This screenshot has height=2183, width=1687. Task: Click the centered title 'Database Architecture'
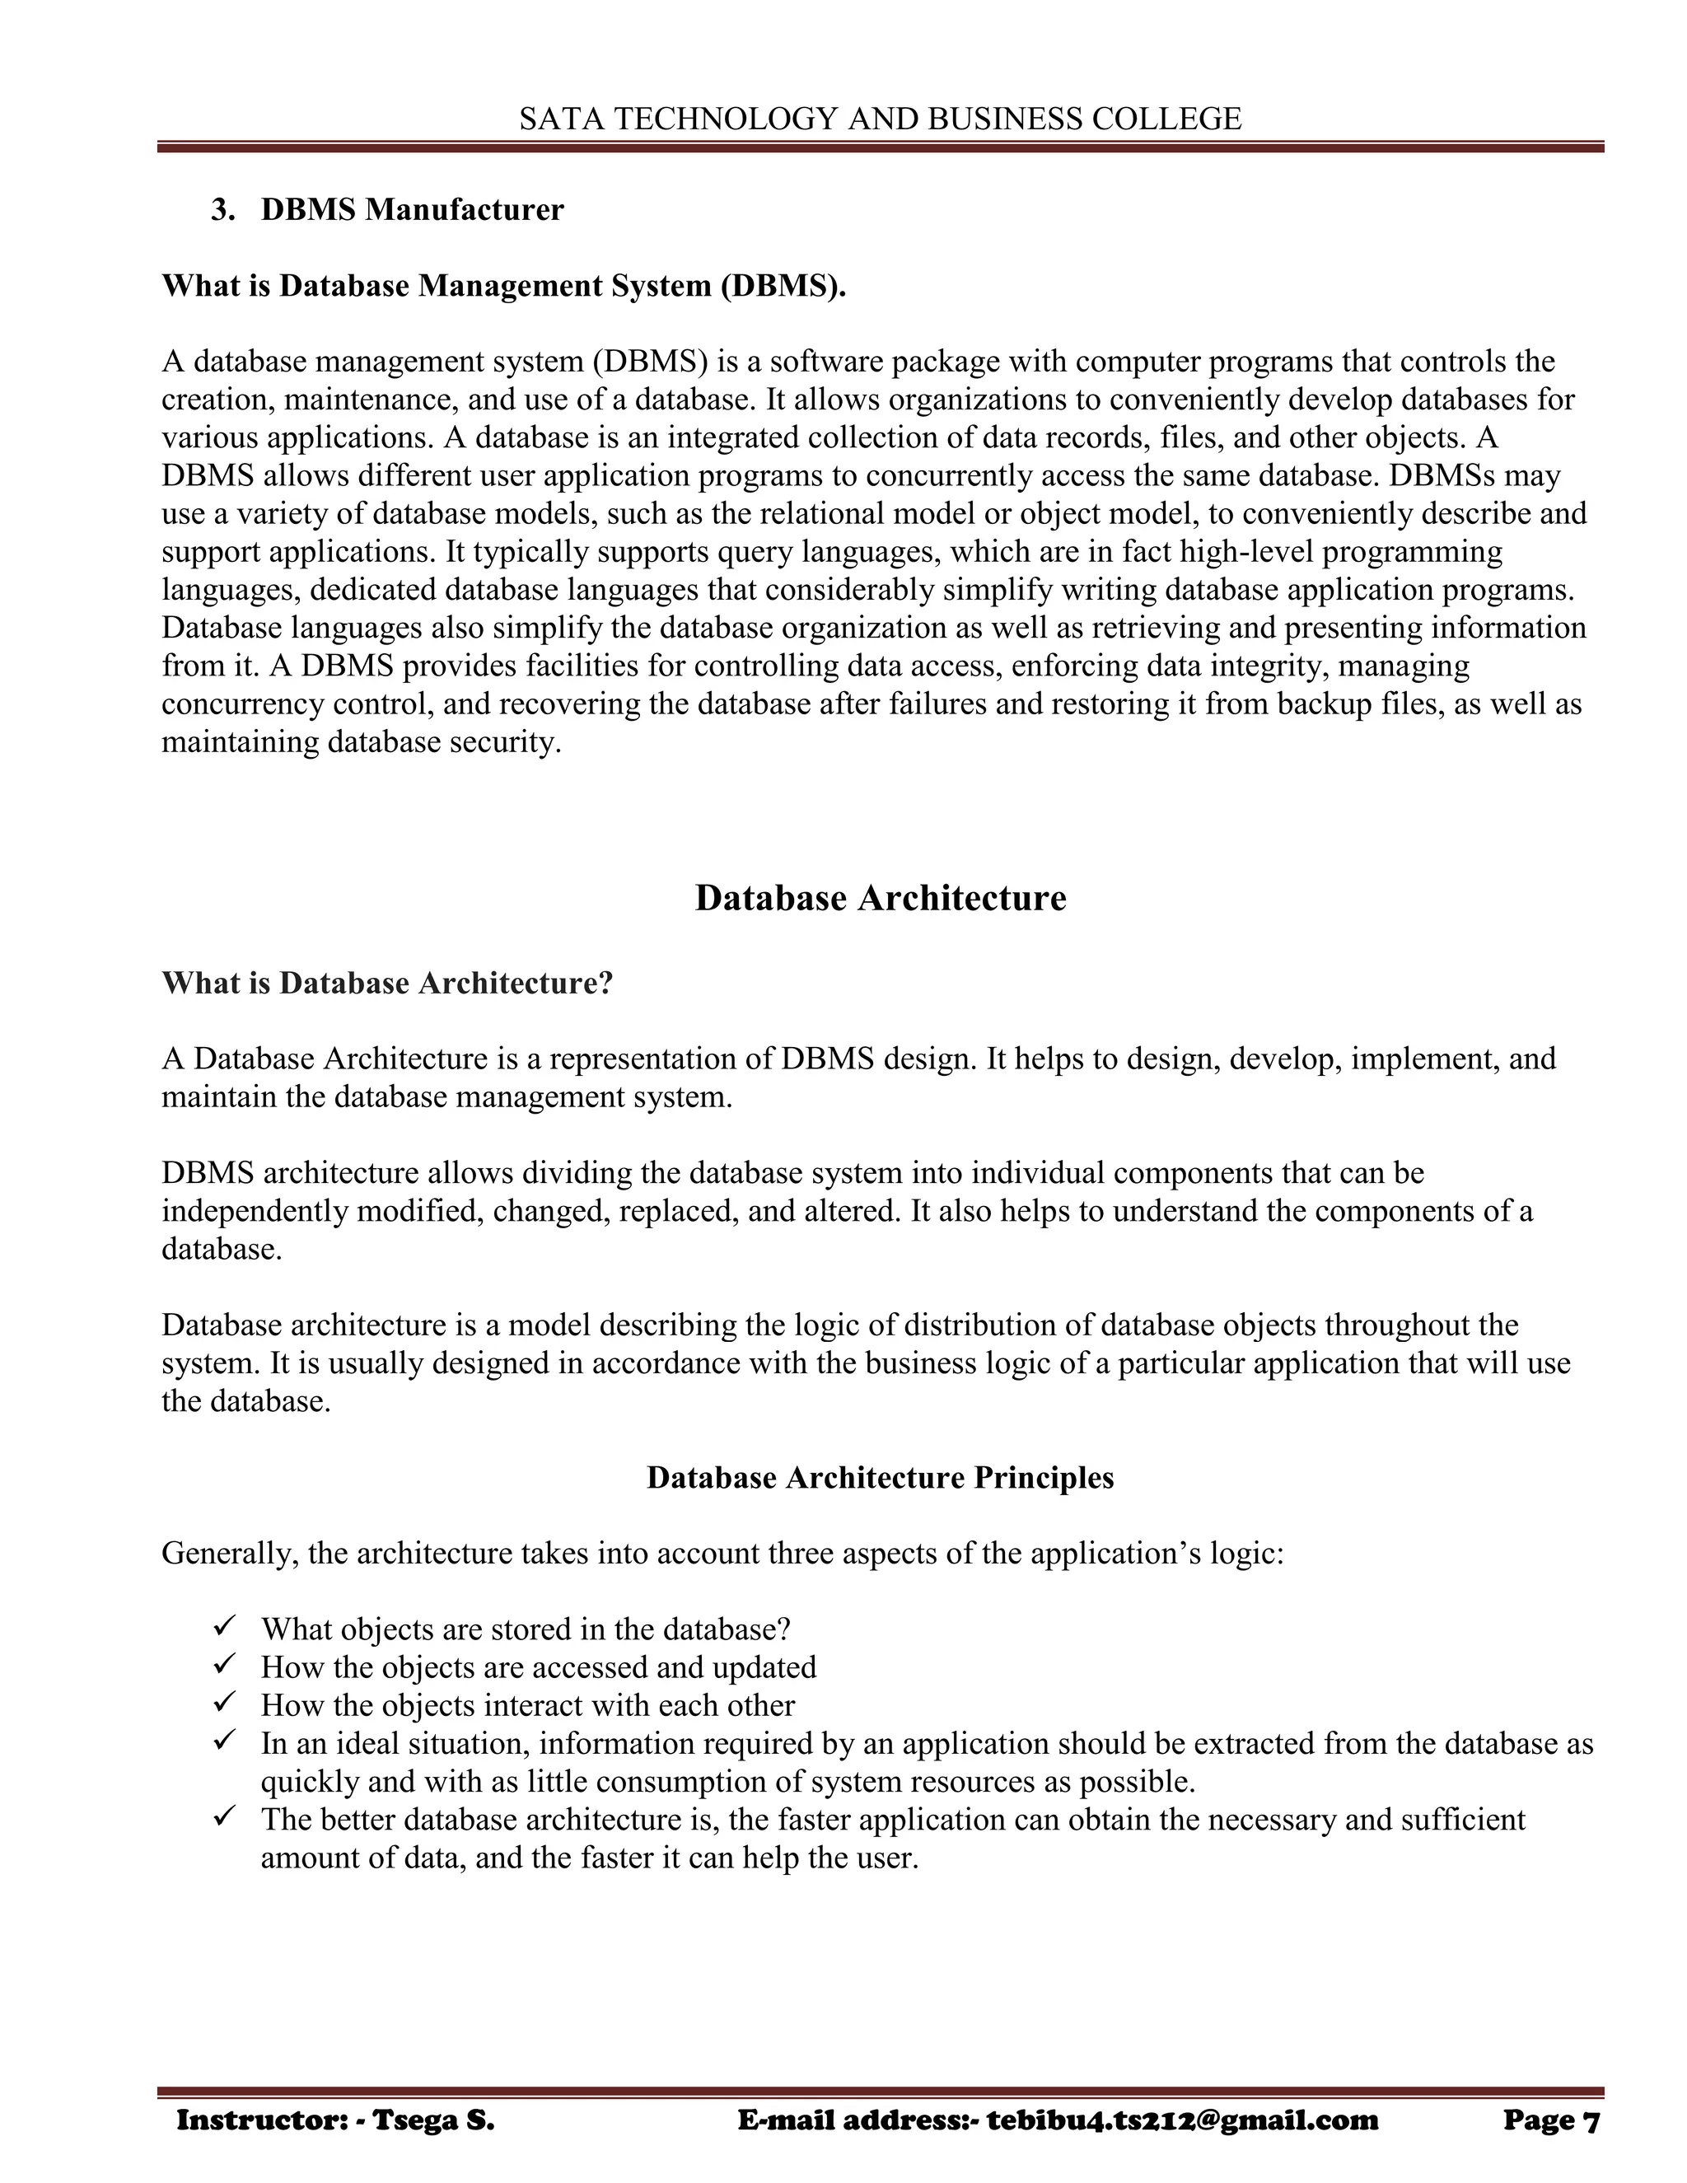coord(880,898)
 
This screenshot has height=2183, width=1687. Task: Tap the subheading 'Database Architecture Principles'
coord(880,1477)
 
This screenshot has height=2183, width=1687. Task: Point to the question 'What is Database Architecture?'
coord(387,984)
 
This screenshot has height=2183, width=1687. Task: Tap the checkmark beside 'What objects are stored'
coord(223,1627)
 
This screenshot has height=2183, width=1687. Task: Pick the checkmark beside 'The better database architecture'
coord(223,1817)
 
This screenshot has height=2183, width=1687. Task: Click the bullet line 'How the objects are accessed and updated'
coord(539,1667)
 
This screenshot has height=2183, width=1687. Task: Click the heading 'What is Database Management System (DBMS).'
coord(503,286)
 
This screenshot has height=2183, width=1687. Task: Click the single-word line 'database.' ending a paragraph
coord(222,1250)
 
